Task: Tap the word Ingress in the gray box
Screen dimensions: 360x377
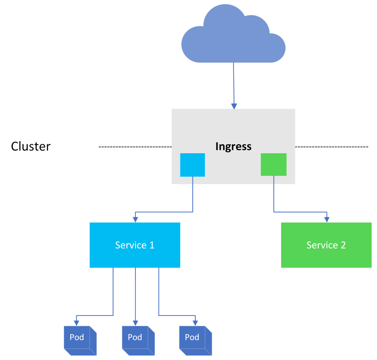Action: click(233, 146)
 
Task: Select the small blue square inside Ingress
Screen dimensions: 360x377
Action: click(192, 165)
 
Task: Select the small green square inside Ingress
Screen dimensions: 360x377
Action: click(274, 164)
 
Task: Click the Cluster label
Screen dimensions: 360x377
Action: click(31, 146)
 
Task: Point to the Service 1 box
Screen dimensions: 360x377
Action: click(135, 245)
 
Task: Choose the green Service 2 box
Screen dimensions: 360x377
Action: click(326, 245)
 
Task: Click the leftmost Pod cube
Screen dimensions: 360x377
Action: click(80, 340)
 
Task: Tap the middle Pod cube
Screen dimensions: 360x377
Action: click(138, 340)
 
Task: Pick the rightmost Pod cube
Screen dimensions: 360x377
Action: click(195, 340)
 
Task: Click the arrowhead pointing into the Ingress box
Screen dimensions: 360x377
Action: click(234, 106)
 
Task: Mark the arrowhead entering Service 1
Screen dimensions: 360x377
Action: click(135, 219)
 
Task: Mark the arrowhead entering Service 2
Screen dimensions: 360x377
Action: click(327, 219)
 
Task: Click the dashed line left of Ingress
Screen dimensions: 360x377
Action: click(135, 147)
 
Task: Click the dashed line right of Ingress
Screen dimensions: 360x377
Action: click(331, 147)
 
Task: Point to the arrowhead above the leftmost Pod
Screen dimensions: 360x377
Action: click(76, 322)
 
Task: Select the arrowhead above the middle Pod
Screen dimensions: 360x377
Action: click(135, 322)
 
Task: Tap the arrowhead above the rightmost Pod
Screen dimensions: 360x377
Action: click(196, 322)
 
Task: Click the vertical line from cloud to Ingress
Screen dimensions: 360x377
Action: click(233, 83)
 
